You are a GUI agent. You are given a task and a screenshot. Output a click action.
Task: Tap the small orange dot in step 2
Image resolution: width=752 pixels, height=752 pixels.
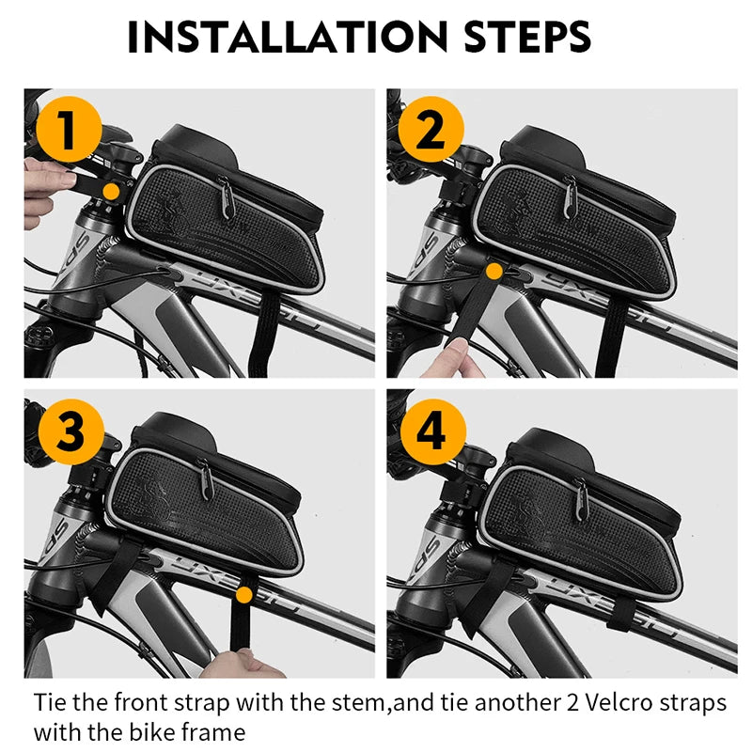(493, 272)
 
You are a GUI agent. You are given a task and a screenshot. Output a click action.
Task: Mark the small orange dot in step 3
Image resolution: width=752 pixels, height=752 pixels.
(244, 594)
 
